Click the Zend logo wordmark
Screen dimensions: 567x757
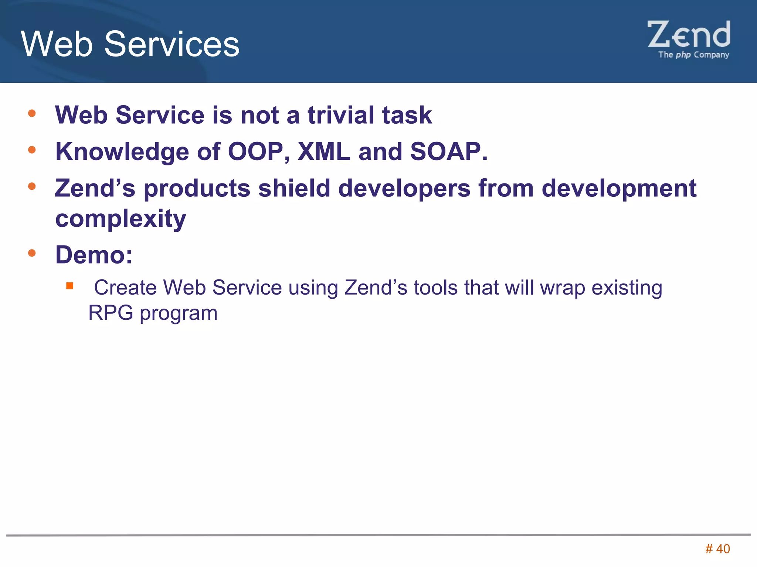(689, 35)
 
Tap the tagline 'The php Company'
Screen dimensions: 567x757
(693, 55)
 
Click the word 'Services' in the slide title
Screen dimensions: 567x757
(172, 44)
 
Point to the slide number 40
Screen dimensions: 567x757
(723, 549)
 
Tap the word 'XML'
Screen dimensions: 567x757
(324, 152)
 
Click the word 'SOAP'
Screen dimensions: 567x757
(445, 152)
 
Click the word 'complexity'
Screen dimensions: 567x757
(120, 219)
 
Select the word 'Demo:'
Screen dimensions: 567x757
(94, 255)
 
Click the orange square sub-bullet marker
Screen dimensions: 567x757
(69, 286)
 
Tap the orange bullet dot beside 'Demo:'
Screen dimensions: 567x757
(32, 253)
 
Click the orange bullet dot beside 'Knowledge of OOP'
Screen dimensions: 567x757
(32, 150)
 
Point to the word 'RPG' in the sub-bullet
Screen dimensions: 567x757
(111, 313)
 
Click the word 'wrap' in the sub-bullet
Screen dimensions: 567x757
(563, 288)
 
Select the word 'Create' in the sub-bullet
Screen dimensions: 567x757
(125, 288)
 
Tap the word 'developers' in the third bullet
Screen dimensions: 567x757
(404, 188)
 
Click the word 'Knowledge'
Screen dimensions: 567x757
(122, 152)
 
